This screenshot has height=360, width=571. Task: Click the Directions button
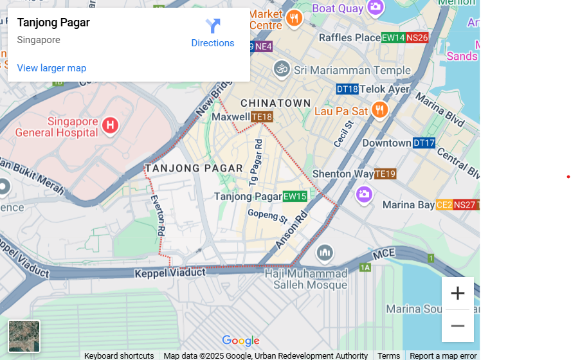(213, 33)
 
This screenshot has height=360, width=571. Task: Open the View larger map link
(51, 68)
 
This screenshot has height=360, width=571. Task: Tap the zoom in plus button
(457, 294)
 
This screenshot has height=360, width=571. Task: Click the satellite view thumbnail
(24, 336)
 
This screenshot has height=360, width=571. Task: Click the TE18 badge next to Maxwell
(262, 117)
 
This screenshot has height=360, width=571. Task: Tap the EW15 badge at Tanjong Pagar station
(295, 197)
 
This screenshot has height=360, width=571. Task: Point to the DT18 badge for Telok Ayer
(347, 89)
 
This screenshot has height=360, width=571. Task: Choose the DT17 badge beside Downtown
(424, 143)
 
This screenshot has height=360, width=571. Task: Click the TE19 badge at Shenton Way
(385, 174)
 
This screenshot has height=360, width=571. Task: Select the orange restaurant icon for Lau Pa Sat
(379, 111)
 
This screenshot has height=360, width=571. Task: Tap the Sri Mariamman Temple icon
(282, 69)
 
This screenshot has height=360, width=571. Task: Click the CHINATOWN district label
(275, 103)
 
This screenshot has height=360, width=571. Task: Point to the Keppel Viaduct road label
(170, 273)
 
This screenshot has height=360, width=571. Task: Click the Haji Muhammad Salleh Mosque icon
(325, 253)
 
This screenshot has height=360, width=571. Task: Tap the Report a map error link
(443, 355)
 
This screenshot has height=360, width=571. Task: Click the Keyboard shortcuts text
(119, 355)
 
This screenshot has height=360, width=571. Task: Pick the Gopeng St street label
(267, 215)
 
